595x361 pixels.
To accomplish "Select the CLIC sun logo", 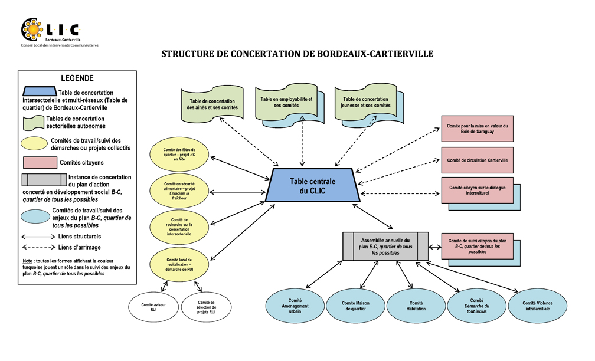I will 31,28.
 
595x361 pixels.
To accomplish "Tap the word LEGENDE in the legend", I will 77,78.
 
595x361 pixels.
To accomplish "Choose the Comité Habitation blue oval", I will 416,305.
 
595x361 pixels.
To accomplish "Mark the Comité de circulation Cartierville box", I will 478,160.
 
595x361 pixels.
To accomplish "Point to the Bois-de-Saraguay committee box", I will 478,130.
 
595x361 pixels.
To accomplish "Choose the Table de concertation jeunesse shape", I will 365,103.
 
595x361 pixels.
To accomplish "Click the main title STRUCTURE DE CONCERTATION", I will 297,54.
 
